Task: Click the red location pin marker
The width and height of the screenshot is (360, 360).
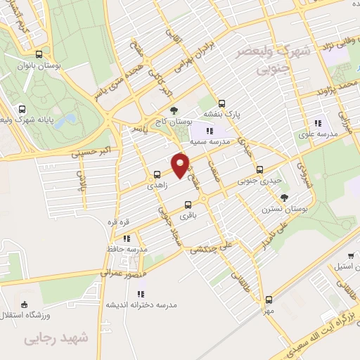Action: (181, 165)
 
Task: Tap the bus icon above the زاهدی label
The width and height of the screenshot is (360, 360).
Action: (157, 174)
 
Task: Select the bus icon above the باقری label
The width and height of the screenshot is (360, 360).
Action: (187, 205)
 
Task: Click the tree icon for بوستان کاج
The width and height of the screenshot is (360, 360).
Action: (174, 110)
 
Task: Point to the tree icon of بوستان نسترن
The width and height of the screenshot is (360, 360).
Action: (284, 198)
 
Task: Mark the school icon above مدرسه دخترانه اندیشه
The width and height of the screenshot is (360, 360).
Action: (140, 293)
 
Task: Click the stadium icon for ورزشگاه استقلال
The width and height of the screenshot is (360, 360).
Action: (26, 304)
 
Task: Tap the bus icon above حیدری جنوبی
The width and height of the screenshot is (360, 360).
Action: (260, 169)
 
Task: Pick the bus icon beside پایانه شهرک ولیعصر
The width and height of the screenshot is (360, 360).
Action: (22, 110)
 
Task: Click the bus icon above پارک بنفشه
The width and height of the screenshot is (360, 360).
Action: (222, 103)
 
